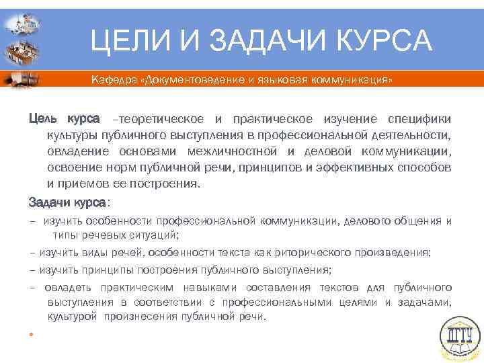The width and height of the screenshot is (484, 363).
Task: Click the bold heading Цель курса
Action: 64,119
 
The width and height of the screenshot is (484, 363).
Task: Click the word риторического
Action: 325,253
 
